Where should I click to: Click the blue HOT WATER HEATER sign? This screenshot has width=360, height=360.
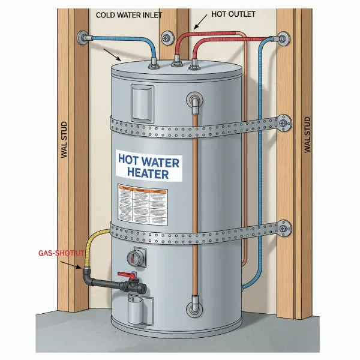149,166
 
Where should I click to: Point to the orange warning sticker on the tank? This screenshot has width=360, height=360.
142,203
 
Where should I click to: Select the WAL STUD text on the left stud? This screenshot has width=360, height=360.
65,139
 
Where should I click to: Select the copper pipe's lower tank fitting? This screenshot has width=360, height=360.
194,310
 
